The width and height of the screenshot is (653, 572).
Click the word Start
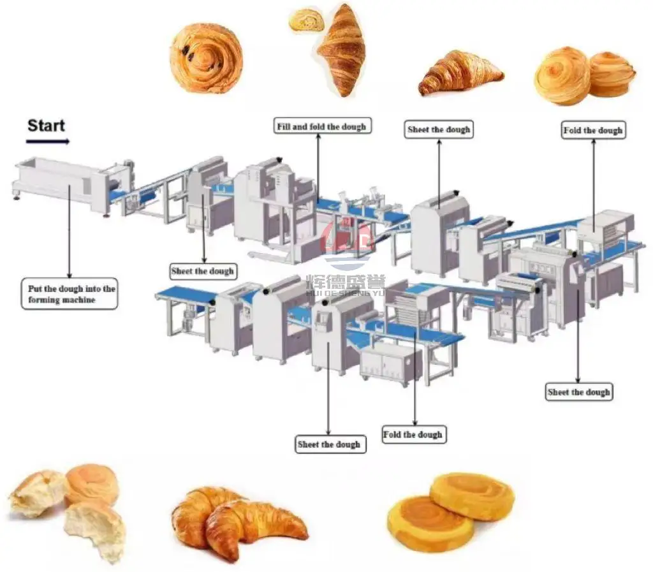pos(46,125)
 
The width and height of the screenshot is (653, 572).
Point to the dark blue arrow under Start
pos(48,142)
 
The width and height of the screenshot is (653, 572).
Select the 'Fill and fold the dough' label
pos(321,126)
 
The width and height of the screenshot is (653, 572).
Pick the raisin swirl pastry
pos(205,58)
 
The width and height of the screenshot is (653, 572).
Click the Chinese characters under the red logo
pos(345,281)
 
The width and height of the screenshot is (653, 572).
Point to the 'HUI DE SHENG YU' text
pos(345,292)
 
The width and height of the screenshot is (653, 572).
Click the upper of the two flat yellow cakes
pos(471,495)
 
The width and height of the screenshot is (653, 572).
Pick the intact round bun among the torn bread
pos(92,483)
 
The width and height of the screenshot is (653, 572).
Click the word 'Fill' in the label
pos(284,126)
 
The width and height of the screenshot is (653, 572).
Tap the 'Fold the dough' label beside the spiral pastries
pos(592,131)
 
